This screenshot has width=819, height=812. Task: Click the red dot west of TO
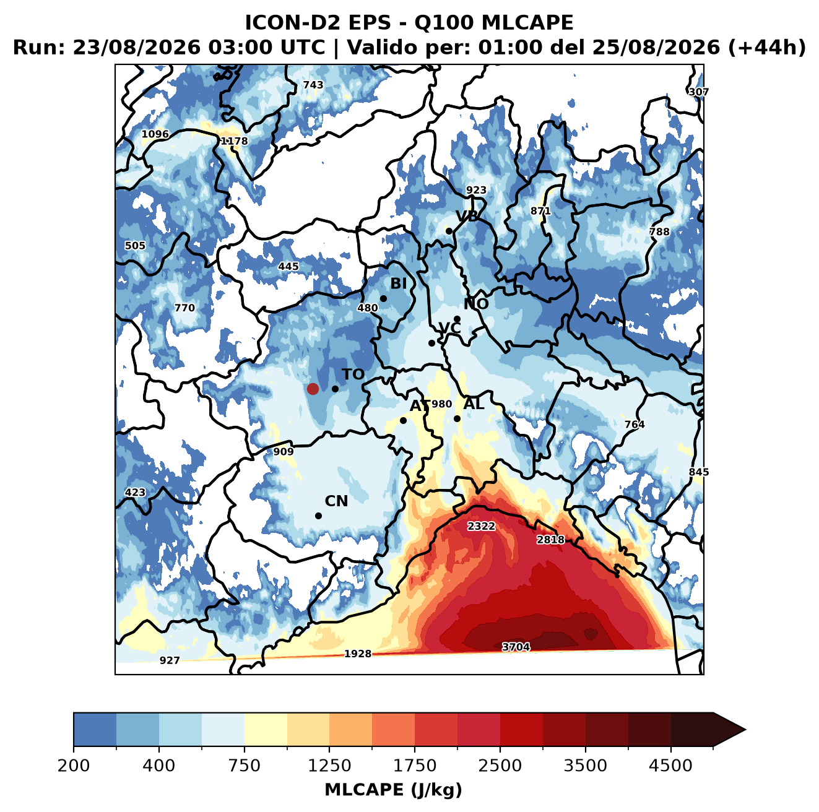tap(313, 389)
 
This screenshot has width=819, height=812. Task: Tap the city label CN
tap(336, 501)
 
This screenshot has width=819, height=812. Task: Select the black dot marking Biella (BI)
tap(383, 299)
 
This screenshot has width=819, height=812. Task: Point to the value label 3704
tap(516, 647)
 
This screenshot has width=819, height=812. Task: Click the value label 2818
tap(550, 540)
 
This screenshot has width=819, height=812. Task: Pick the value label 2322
tap(481, 526)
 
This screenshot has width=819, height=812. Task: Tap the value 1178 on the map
tap(234, 140)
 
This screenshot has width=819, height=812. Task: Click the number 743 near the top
tap(313, 85)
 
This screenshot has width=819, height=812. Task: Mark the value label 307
tap(698, 92)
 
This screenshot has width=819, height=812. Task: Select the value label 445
tap(288, 266)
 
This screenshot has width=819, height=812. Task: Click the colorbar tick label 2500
tap(500, 766)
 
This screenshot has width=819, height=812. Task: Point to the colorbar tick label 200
tap(74, 766)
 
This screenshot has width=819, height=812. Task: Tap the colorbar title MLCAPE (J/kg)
tap(393, 790)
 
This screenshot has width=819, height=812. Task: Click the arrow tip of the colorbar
tap(745, 730)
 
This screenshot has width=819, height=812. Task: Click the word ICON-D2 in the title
tap(293, 22)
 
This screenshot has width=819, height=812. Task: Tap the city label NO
tap(475, 304)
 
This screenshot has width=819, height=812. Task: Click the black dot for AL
tap(457, 418)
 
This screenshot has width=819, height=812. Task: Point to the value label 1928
tap(357, 654)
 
